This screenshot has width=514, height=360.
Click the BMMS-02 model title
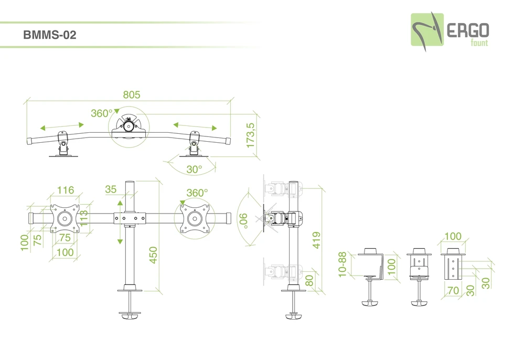pyautogui.click(x=50, y=36)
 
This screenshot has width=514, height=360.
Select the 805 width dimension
pyautogui.click(x=131, y=95)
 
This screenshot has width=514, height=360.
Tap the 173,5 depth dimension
pyautogui.click(x=251, y=136)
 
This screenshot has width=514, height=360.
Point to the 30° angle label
pyautogui.click(x=194, y=170)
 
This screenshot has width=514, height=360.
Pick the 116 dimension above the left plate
pyautogui.click(x=66, y=190)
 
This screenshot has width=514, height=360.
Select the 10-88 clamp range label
pyautogui.click(x=342, y=264)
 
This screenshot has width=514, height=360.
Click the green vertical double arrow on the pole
pyautogui.click(x=120, y=221)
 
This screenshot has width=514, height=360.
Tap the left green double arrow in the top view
pyautogui.click(x=62, y=126)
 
